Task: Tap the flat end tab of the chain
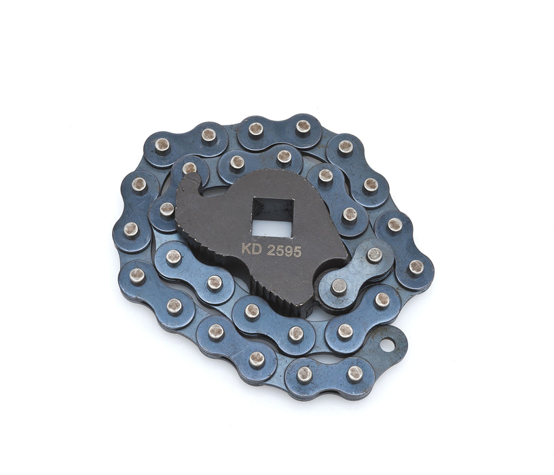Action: [x=390, y=343]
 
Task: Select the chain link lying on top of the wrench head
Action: [x=356, y=271]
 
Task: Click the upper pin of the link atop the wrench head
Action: [x=374, y=255]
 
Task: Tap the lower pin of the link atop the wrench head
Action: [x=338, y=288]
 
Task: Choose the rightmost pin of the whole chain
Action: [x=415, y=267]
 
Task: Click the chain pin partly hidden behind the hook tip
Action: [x=189, y=168]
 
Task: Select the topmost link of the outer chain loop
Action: [x=279, y=128]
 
